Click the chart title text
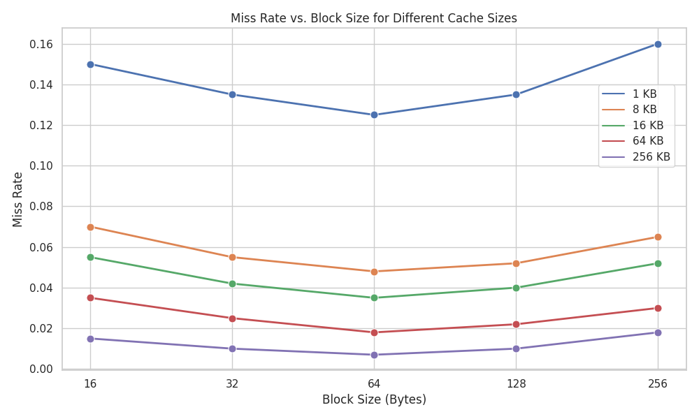coord(374,18)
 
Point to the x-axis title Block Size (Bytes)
coord(374,400)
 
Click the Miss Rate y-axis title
coord(18,199)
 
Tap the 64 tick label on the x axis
coord(374,383)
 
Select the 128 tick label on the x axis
coord(516,383)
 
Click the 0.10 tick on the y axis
coord(41,166)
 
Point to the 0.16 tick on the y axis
coord(41,44)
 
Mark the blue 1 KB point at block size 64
coord(374,115)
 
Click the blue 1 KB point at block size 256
coord(658,44)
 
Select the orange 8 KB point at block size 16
coord(90,227)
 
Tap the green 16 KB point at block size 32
coord(232,284)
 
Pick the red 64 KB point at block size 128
coord(516,324)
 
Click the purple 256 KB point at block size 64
coord(374,355)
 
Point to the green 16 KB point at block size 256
coord(658,263)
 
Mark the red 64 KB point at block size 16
coord(90,297)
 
